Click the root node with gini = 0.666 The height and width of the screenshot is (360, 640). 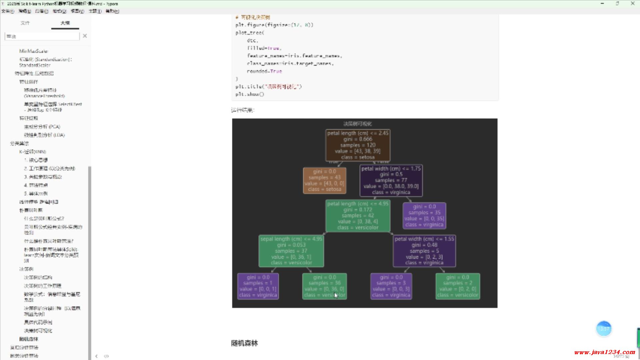click(358, 145)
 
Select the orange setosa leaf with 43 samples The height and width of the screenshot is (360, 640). click(324, 180)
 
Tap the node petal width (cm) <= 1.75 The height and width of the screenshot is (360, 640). click(391, 180)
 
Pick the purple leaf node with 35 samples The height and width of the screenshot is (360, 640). click(424, 216)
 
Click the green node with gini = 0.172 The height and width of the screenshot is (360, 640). click(358, 216)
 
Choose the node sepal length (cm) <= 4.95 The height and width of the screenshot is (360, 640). click(291, 251)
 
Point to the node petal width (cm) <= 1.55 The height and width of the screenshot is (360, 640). click(424, 251)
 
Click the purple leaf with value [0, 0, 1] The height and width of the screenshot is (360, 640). click(258, 286)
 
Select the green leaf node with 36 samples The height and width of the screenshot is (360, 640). click(324, 286)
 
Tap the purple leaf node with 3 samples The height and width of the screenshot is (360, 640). click(391, 286)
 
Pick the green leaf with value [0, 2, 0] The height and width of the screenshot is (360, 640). click(458, 286)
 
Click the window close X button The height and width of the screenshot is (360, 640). click(632, 4)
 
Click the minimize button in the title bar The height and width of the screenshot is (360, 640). click(602, 4)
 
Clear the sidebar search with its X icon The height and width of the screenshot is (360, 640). click(85, 36)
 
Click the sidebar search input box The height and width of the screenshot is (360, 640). click(42, 36)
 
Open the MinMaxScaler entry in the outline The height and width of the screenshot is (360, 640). click(34, 51)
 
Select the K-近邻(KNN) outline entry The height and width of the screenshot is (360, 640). click(33, 152)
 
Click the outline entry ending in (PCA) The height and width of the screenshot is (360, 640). click(42, 127)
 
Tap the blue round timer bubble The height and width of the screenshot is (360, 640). click(604, 329)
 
